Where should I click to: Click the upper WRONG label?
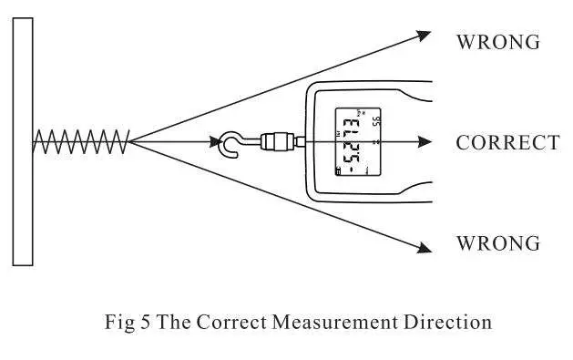click(497, 42)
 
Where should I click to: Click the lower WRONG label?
click(497, 244)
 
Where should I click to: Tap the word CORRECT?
click(507, 143)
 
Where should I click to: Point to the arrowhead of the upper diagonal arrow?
click(424, 35)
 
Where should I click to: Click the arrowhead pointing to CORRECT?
click(424, 141)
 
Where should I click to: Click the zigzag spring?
click(82, 141)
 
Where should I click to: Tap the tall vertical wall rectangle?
click(24, 141)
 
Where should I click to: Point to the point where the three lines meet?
click(130, 141)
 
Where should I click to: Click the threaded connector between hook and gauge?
click(274, 141)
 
